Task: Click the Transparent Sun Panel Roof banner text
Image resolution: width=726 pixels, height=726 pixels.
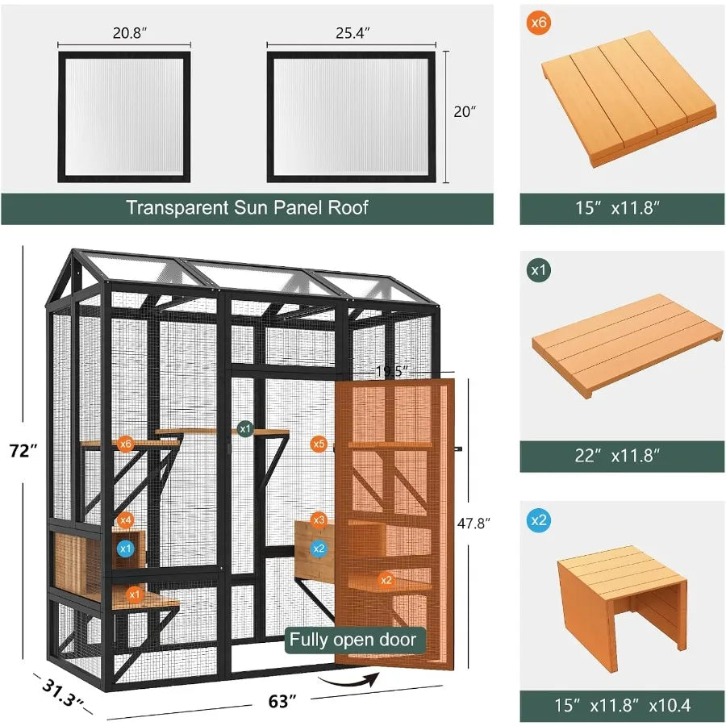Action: click(x=247, y=207)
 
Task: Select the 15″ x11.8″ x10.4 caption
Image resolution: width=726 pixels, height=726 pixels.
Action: click(x=624, y=704)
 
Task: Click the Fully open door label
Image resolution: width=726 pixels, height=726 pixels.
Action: click(x=353, y=640)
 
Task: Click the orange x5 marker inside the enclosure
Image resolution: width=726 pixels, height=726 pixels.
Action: click(x=319, y=444)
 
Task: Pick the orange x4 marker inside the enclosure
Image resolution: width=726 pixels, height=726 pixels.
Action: click(x=125, y=521)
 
